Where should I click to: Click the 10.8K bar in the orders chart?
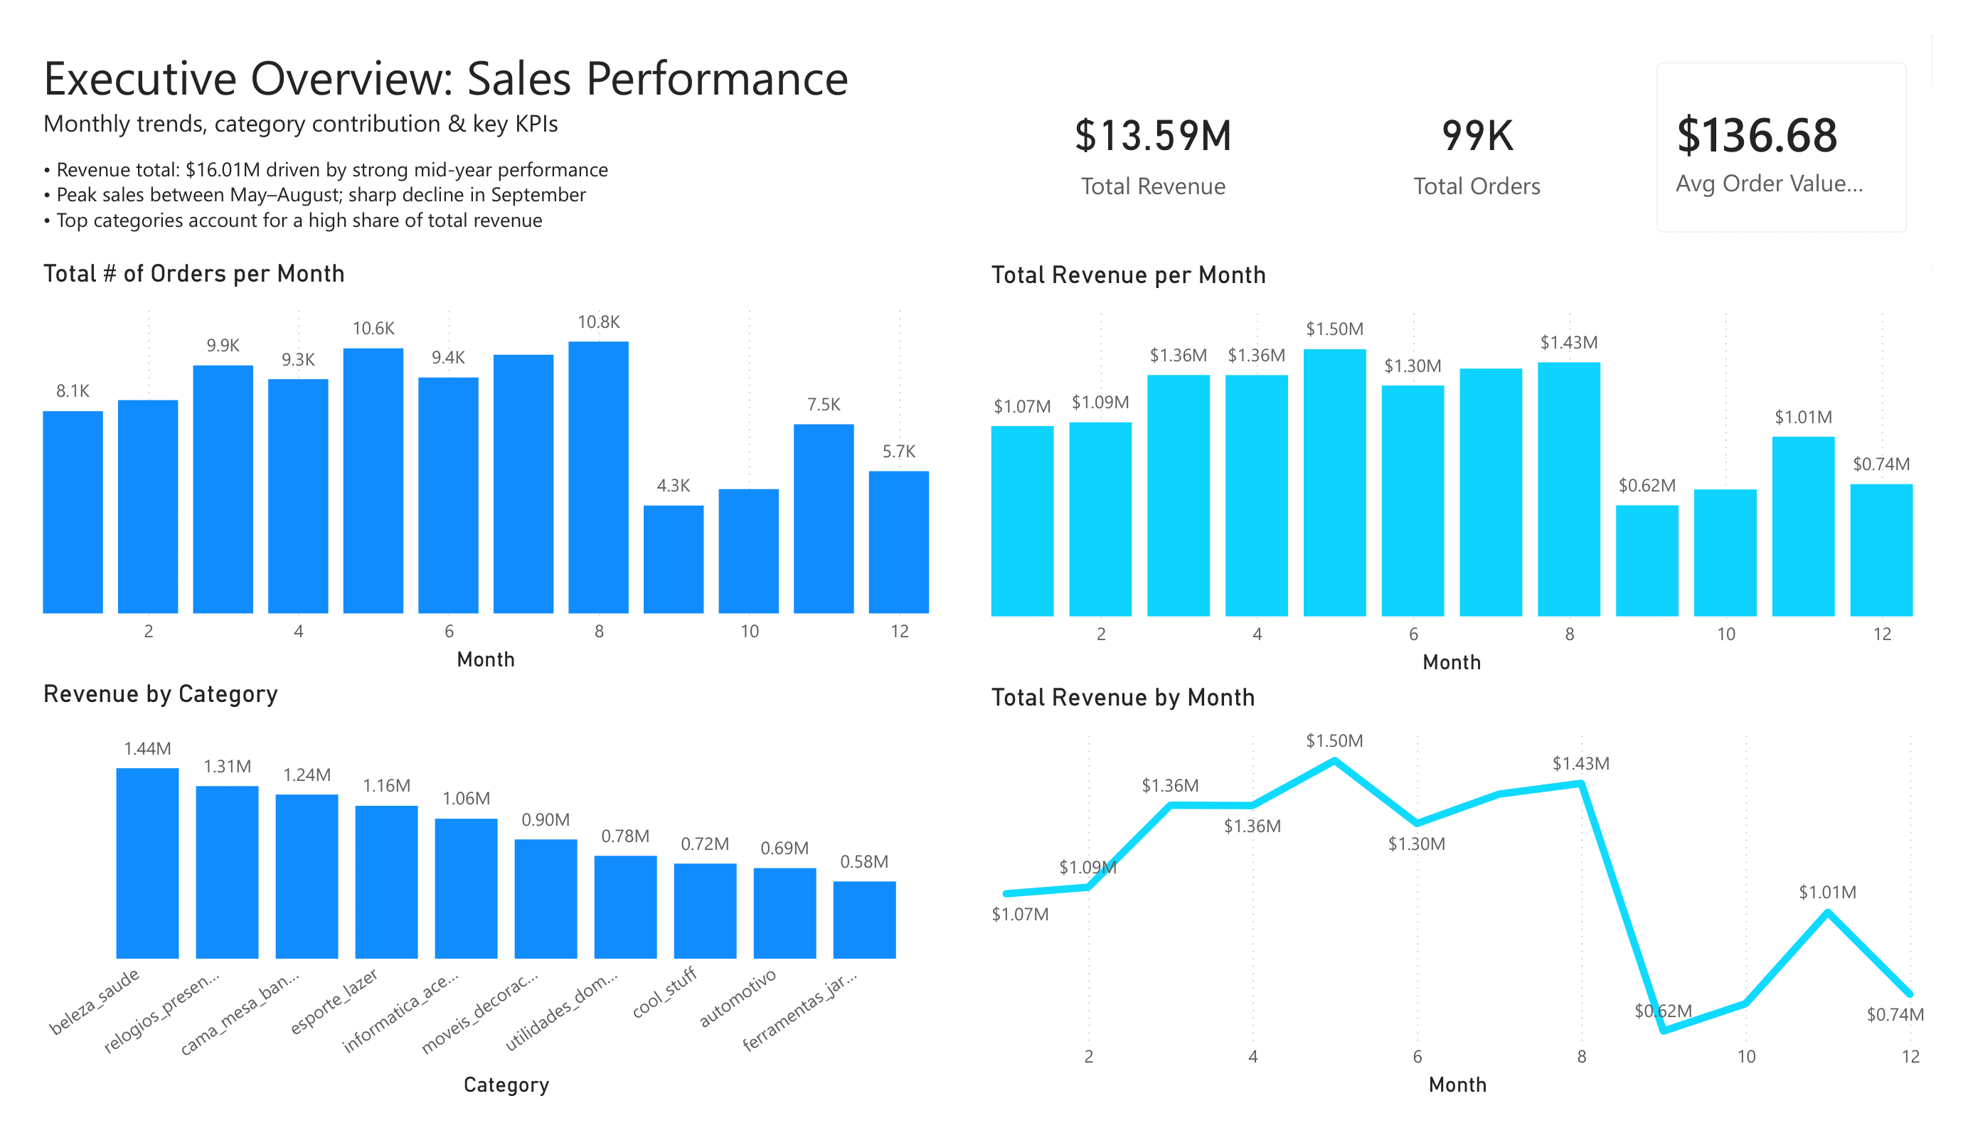pos(598,477)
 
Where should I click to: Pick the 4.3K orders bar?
pos(673,558)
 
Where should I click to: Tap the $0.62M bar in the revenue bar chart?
pos(1647,560)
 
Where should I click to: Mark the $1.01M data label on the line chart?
pos(1827,892)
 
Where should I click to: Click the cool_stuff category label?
pos(664,992)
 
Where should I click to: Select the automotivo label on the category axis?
pos(738,997)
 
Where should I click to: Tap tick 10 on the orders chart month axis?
pos(749,631)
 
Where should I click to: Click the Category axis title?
pos(506,1085)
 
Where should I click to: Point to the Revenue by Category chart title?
pos(160,693)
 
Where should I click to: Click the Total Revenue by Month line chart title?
pos(1122,697)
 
